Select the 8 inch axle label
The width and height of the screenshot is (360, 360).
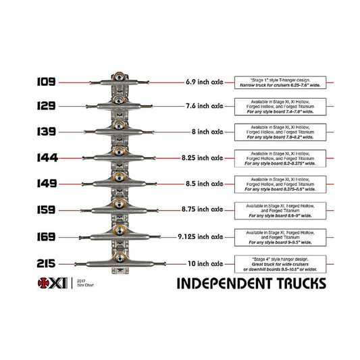tap(206, 132)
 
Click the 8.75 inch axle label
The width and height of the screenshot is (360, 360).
tap(202, 209)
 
